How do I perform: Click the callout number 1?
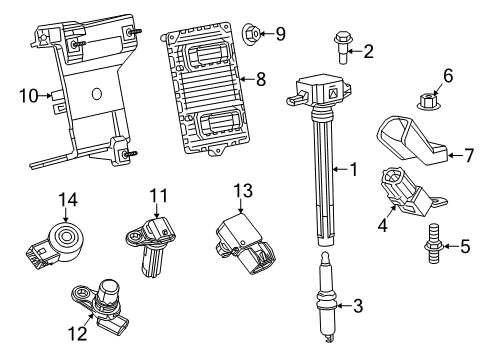point(351,170)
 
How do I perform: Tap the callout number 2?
point(368,51)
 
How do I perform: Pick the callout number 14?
point(67,199)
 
